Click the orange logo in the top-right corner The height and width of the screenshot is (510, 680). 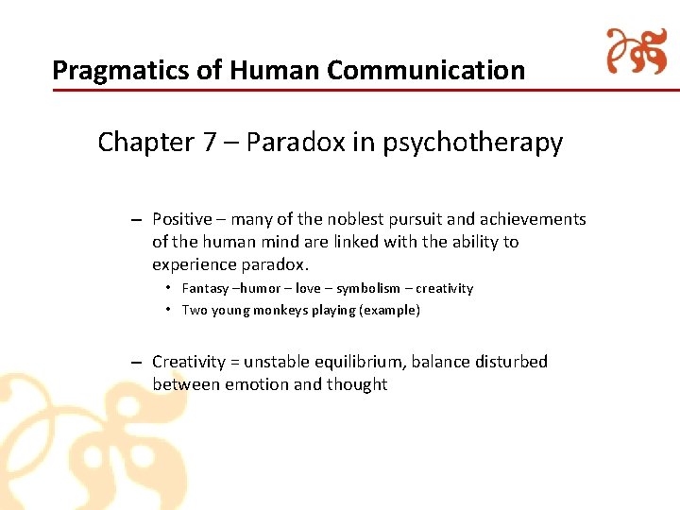(637, 53)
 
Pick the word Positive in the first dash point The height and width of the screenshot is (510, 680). (181, 219)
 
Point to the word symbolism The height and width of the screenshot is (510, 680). (371, 288)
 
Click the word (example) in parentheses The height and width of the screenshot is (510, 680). (390, 310)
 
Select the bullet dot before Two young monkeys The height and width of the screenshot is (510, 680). (166, 310)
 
